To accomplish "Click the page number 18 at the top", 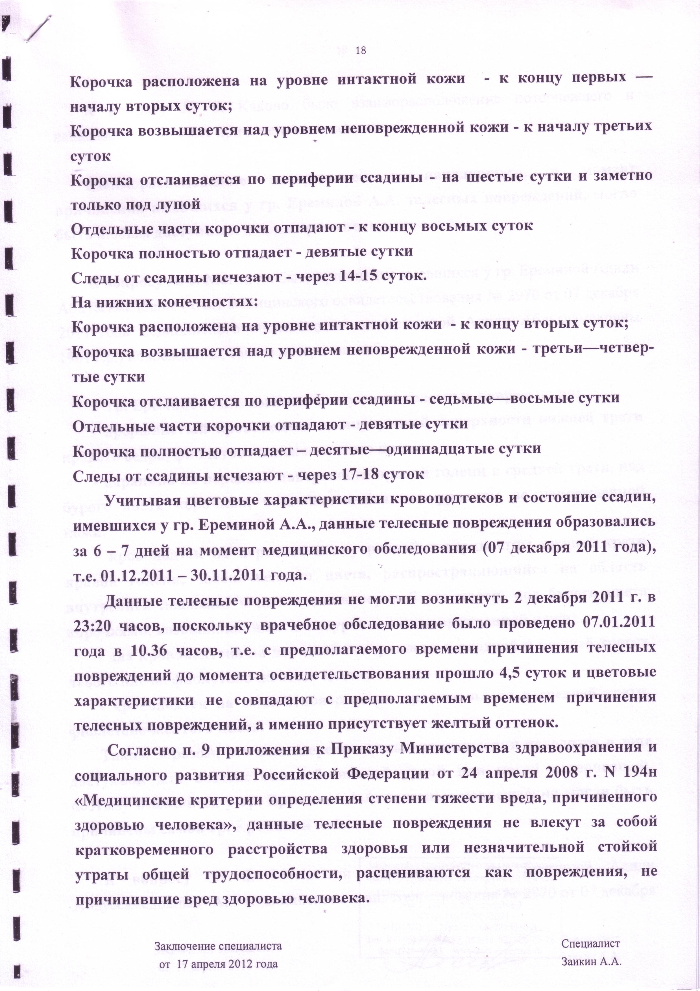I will pyautogui.click(x=361, y=51).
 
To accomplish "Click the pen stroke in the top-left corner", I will pyautogui.click(x=38, y=29).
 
